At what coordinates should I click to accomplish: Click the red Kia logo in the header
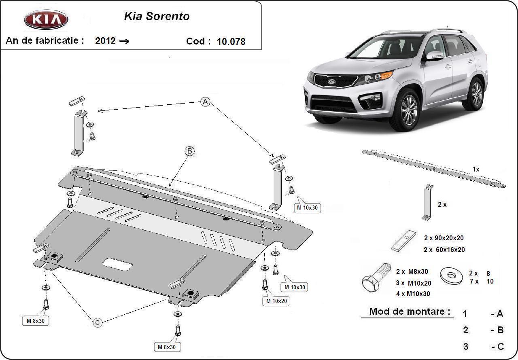point(46,19)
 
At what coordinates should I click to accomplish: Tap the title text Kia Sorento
point(156,17)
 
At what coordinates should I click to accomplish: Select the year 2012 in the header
point(105,41)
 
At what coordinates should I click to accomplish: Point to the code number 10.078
point(231,41)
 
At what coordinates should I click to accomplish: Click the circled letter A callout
point(206,102)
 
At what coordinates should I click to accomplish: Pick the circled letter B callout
point(189,151)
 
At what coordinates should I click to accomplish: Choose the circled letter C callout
point(98,322)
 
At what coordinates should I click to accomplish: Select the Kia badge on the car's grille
point(331,81)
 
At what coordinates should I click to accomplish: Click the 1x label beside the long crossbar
point(476,169)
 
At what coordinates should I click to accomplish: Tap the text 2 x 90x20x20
point(444,238)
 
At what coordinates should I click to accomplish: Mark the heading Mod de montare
point(410,311)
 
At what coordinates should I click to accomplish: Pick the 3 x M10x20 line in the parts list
point(413,283)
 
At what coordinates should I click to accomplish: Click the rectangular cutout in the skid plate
point(117,265)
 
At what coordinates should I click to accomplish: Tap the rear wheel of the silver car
point(475,94)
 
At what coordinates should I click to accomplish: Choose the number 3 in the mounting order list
point(466,347)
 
